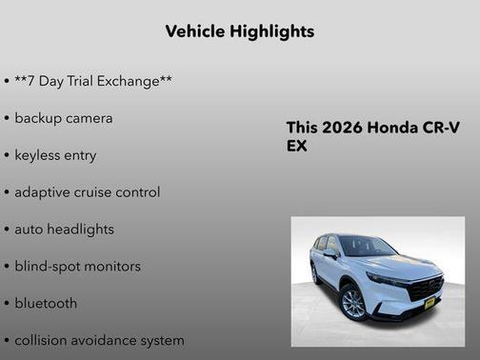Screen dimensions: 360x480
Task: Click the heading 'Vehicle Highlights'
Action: (239, 31)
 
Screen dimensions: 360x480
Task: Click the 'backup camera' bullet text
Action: (64, 118)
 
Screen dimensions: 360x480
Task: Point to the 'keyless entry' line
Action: (55, 155)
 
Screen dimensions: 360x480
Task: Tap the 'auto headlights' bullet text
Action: (64, 230)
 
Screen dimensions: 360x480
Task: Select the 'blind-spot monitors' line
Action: (77, 267)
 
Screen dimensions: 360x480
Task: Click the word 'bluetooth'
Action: (46, 304)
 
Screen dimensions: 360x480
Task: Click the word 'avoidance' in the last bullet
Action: (110, 340)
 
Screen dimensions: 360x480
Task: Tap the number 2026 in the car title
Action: (344, 129)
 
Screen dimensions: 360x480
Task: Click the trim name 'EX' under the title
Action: (297, 147)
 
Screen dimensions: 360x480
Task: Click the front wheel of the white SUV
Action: (353, 304)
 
